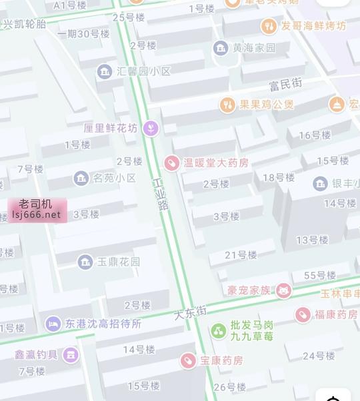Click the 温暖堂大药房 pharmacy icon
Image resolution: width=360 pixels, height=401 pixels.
coord(172,163)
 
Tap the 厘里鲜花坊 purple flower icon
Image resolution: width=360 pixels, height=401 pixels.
coord(151,128)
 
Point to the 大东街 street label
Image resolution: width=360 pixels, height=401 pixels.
coord(191,311)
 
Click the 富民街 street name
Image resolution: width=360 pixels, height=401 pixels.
coord(285,84)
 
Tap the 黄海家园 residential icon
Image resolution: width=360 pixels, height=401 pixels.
coord(221,48)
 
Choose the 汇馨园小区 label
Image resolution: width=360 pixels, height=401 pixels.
coord(143,71)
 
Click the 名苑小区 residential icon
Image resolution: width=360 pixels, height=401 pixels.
coord(81,178)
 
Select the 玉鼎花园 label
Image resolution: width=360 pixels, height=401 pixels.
coord(118,262)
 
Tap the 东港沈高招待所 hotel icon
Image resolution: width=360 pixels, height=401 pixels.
coord(53,324)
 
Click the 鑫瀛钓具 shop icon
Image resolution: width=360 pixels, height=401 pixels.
coord(70,354)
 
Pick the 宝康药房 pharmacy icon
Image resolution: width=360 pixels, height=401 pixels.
coord(189,360)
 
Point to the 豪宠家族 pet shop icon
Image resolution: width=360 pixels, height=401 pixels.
coord(284,290)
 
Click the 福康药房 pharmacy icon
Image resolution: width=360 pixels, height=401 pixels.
coord(303,314)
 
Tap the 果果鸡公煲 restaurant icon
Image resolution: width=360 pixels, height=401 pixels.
coord(227,105)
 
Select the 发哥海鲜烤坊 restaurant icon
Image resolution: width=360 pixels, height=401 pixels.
coord(269,26)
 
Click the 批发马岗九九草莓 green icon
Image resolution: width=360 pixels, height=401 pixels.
coord(219,330)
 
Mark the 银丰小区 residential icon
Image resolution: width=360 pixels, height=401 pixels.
coord(320,184)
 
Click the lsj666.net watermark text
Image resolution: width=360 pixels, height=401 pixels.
coord(36,214)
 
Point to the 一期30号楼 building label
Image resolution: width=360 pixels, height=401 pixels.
coord(83,34)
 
